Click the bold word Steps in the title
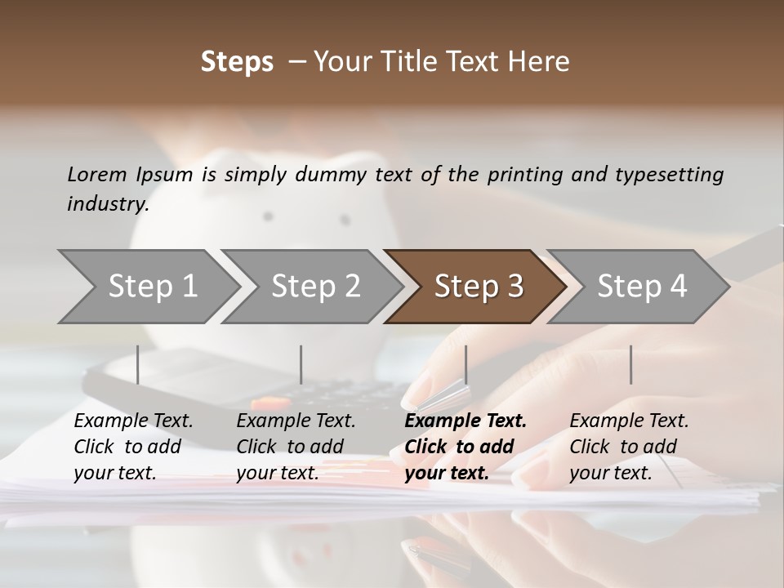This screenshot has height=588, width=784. coord(237,62)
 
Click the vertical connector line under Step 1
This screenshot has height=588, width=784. coord(137,364)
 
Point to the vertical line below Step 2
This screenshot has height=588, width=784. coord(301,364)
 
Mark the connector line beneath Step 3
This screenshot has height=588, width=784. coord(465,364)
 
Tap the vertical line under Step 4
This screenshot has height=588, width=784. coord(630,364)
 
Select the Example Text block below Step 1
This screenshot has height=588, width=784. coord(133,447)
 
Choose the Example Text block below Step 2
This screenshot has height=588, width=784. coord(296,447)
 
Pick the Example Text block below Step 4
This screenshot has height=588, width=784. coord(629,447)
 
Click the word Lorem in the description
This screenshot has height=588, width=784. coord(97,174)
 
